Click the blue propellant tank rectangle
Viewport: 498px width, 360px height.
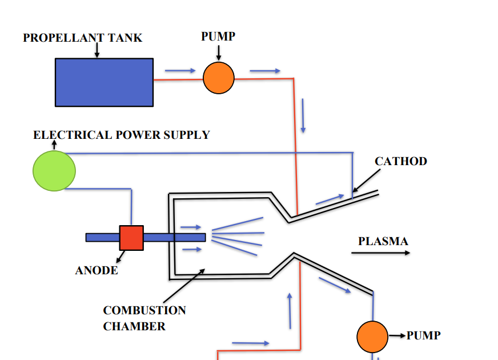[x=104, y=82]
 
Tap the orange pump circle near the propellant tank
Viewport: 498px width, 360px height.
[x=219, y=78]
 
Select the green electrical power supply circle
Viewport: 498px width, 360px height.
[x=54, y=170]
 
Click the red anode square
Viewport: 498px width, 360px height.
[x=131, y=238]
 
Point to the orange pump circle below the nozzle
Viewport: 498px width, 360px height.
[x=372, y=337]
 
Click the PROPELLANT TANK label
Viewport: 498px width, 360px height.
[x=83, y=38]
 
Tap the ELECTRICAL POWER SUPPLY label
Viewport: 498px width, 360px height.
[x=122, y=135]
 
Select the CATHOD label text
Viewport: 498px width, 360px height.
[x=401, y=161]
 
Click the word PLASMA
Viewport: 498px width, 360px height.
[x=383, y=241]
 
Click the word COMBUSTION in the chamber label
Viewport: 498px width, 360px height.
[x=144, y=311]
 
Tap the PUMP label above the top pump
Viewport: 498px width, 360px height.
[x=218, y=37]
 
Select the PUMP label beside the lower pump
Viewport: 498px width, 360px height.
[x=424, y=335]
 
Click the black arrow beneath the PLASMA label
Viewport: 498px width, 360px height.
[x=380, y=253]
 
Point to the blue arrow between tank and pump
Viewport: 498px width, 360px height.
[x=180, y=71]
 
